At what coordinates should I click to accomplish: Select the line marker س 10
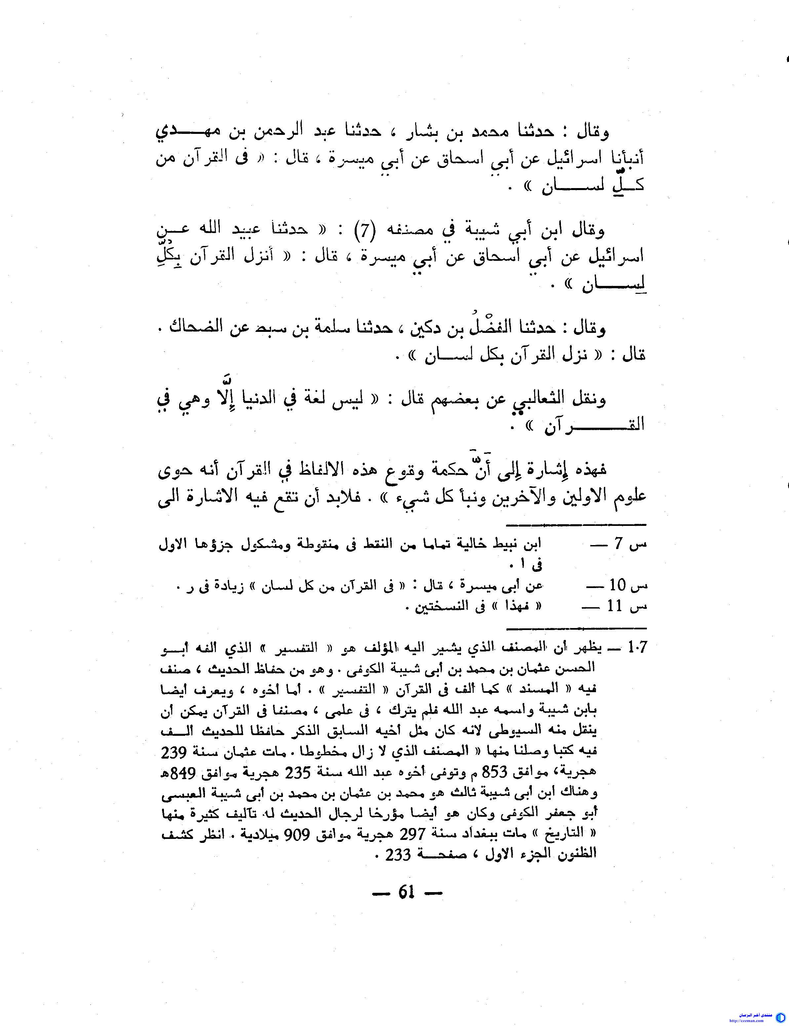click(627, 585)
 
